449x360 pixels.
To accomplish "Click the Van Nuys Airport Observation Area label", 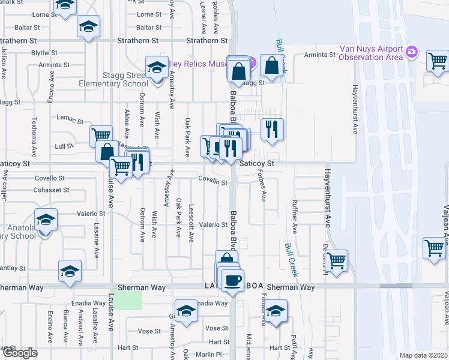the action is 369,53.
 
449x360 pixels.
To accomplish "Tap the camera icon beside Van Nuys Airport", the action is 411,52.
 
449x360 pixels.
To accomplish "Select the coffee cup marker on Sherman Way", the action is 232,280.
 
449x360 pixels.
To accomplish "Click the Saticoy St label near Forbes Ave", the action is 257,163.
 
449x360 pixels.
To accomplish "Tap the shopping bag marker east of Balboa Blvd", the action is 272,65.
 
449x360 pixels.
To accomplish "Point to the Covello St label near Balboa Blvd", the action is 213,182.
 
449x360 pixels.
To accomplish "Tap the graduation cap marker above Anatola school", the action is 45,220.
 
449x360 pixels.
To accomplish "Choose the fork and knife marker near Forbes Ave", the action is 272,128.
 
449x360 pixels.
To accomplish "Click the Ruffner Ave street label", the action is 295,215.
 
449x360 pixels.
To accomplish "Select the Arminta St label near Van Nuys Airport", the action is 319,55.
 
